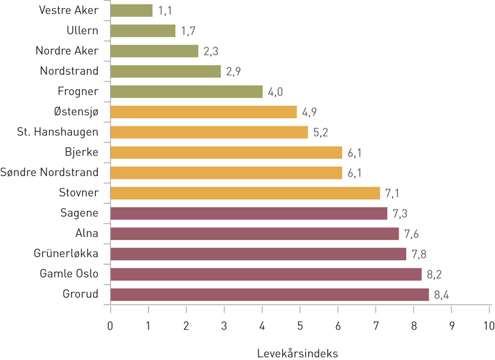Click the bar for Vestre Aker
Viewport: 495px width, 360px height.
click(x=131, y=10)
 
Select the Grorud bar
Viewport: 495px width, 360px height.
click(x=269, y=294)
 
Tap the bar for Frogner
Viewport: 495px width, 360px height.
click(x=186, y=91)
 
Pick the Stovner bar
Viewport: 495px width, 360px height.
click(x=245, y=193)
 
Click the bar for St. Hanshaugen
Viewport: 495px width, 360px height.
click(x=209, y=132)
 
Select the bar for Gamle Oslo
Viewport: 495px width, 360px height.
click(x=266, y=274)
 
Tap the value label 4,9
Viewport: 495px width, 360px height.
click(x=310, y=112)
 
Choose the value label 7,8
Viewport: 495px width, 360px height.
click(x=419, y=254)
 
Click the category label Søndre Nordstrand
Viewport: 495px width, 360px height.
click(x=50, y=172)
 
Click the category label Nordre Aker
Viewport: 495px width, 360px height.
click(x=67, y=51)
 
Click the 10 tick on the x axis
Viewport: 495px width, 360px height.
click(x=489, y=325)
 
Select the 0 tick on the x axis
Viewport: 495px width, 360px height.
click(x=111, y=325)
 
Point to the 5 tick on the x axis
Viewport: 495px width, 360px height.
click(x=300, y=325)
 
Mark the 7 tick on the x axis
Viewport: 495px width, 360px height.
click(x=376, y=325)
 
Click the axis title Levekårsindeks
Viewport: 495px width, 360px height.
click(x=297, y=353)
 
